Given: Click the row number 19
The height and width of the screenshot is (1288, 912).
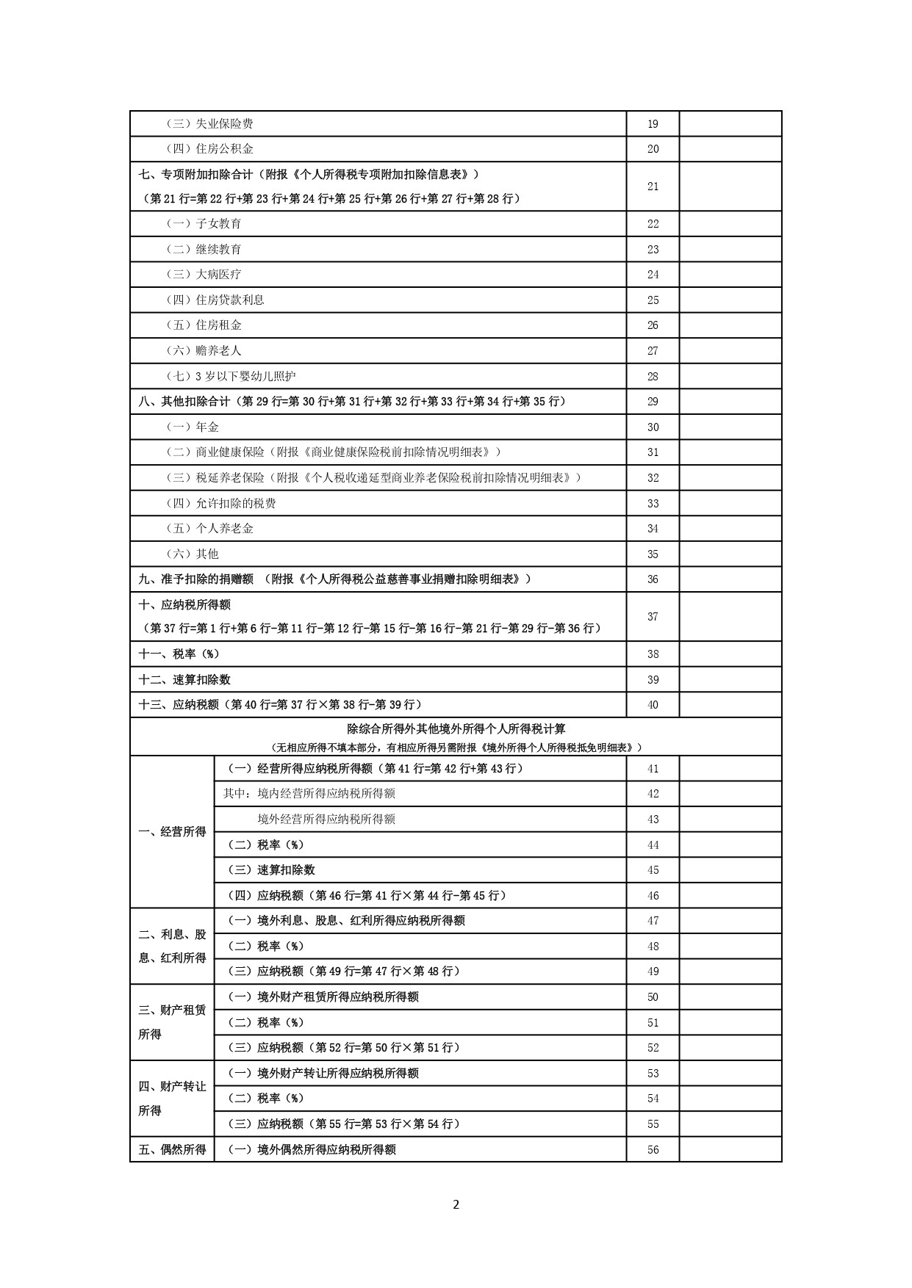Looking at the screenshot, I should (653, 124).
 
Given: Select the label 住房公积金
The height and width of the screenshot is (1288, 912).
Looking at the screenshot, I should (209, 149).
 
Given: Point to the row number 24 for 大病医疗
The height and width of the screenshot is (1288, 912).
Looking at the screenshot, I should (653, 275).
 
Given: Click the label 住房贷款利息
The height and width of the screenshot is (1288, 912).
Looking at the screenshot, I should (215, 300).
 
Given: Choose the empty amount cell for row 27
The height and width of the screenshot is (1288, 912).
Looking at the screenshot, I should (730, 351).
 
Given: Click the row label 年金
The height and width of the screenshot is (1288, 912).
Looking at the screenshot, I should (193, 427).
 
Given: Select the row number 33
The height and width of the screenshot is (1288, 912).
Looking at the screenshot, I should (653, 504).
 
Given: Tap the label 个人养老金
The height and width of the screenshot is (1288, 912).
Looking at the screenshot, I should (209, 529).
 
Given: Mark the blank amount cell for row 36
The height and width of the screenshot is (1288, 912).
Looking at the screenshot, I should (730, 579).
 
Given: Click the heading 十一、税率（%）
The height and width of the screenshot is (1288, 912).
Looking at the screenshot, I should (179, 654).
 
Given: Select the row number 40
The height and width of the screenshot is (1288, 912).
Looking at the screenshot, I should (653, 705).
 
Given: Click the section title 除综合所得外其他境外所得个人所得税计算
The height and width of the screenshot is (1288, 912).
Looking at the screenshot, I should (456, 729).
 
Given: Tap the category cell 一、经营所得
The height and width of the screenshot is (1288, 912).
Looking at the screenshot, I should (172, 832).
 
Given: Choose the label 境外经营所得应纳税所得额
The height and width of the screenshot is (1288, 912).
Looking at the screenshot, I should (326, 820).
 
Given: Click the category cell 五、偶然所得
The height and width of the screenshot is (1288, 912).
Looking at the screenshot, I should (172, 1150).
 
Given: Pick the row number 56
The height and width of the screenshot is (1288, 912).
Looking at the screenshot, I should (653, 1150).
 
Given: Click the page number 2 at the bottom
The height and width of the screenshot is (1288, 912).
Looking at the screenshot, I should (456, 1204).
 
